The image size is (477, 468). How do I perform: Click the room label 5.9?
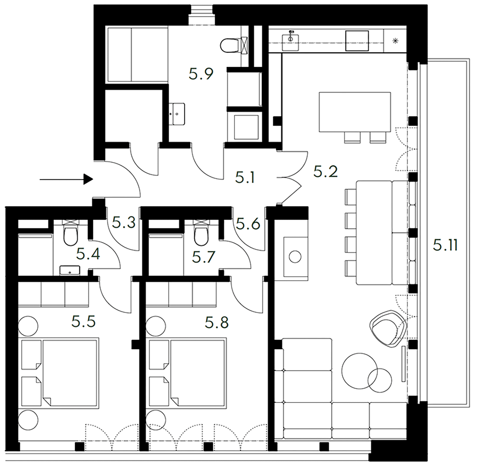click(201, 74)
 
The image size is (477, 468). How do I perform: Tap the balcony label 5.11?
click(445, 246)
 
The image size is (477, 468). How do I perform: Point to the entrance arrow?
click(66, 179)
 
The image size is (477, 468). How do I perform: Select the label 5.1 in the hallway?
click(245, 178)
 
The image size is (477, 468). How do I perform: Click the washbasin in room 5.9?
click(177, 114)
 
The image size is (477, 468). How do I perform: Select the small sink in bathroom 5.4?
click(70, 270)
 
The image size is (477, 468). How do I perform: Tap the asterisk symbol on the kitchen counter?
click(395, 41)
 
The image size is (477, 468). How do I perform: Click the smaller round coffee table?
click(380, 380)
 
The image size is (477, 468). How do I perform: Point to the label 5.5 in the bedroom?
click(84, 322)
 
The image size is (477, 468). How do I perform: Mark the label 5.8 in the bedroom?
click(217, 323)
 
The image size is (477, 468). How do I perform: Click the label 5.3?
click(124, 223)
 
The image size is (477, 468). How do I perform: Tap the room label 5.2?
click(326, 171)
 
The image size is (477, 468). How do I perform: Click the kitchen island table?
click(355, 112)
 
